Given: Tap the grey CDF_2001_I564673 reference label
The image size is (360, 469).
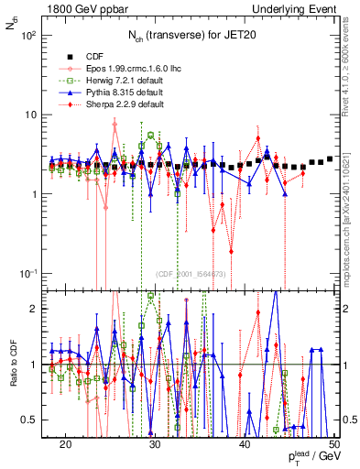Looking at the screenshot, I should click(191, 274).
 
